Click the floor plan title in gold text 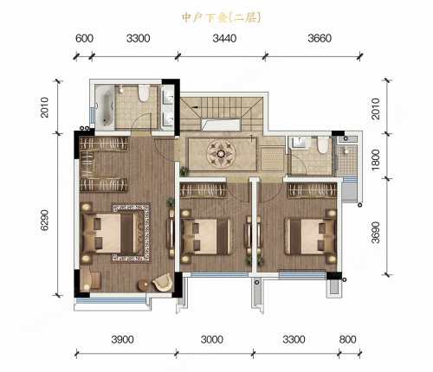pos(222,18)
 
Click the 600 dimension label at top pos(84,38)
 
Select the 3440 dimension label pos(224,38)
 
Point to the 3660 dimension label pos(320,38)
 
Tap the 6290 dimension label pos(44,220)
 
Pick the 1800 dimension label pos(376,159)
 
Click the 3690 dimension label pos(376,233)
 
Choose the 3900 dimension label pos(123,339)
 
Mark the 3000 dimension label pos(212,339)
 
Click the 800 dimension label pos(347,339)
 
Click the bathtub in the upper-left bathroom pos(104,106)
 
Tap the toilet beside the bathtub pos(144,93)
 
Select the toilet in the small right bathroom pos(323,145)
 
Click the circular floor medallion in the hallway pos(221,153)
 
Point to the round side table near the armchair pos(145,285)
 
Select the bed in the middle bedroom pos(207,237)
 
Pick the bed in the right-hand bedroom pos(311,236)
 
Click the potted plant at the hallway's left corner pos(184,171)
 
